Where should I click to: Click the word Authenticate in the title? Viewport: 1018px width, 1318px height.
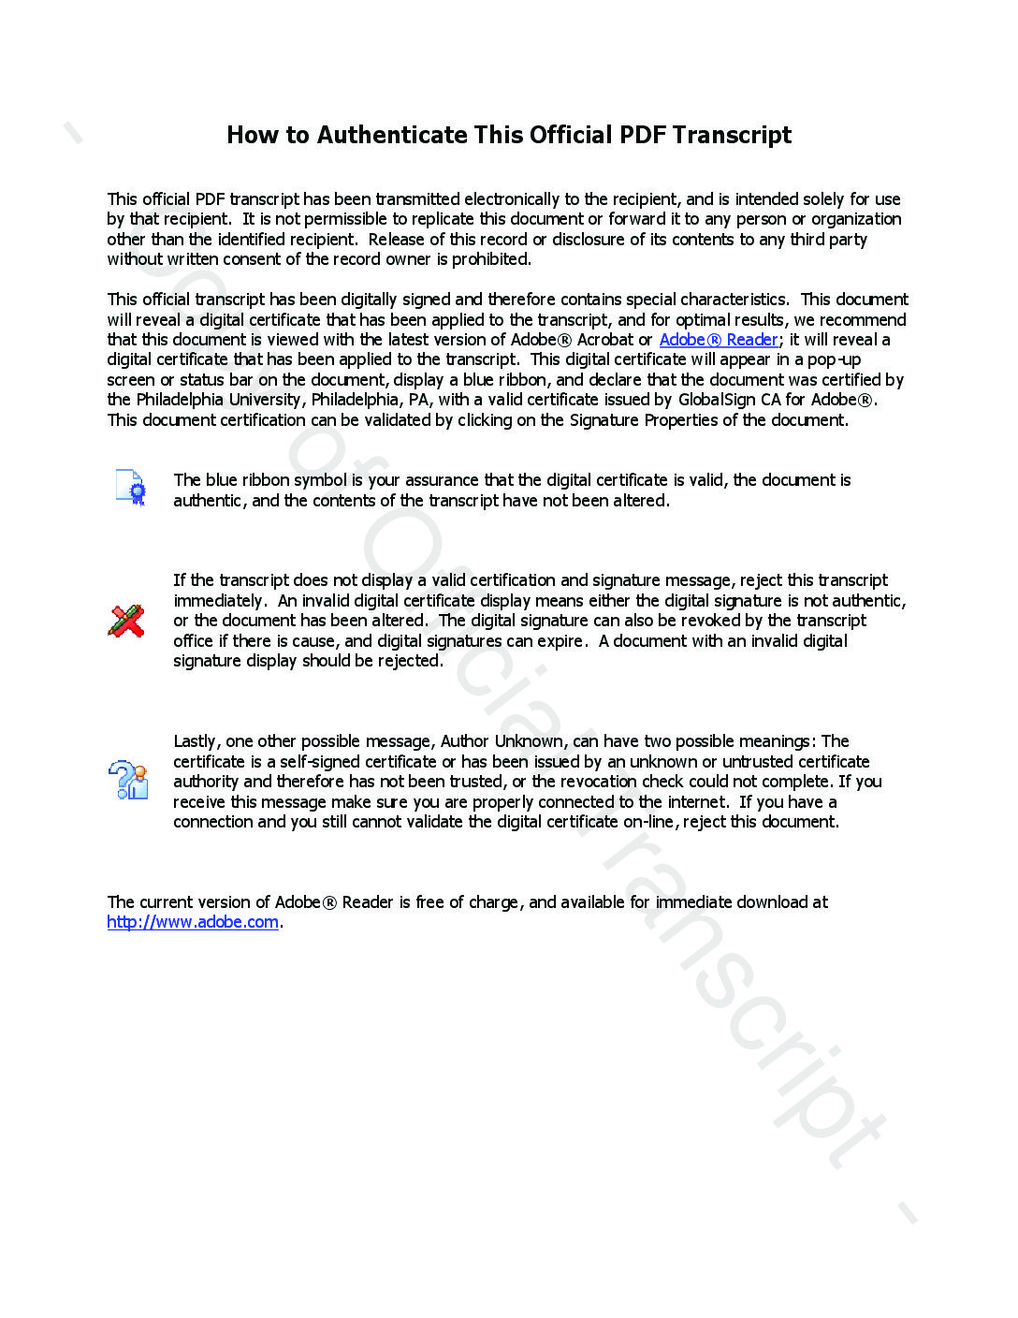(x=392, y=136)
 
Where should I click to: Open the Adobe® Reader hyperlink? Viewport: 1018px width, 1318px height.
(x=719, y=340)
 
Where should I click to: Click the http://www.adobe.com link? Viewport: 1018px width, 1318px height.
(x=193, y=922)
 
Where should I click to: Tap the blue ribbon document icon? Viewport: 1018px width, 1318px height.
(x=131, y=488)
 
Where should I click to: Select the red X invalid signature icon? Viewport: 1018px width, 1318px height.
(x=126, y=621)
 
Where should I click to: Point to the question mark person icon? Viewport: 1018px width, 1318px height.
(x=128, y=780)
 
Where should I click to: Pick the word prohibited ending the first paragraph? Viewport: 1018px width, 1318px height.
(x=491, y=259)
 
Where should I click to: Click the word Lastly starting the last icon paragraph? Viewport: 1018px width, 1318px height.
(x=196, y=741)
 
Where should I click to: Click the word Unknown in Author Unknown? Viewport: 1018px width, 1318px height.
(x=529, y=741)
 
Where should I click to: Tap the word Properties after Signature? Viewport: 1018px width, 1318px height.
(x=680, y=420)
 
